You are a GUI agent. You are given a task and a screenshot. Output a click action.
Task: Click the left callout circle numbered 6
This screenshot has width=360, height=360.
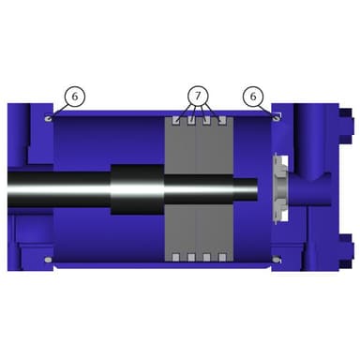[x=75, y=97]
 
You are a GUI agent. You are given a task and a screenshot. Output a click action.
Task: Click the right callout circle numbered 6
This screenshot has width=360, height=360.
[x=253, y=97]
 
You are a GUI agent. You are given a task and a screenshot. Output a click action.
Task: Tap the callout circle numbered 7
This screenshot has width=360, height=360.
[x=198, y=96]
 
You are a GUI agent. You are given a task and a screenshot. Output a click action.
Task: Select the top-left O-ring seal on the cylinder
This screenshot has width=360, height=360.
[x=49, y=118]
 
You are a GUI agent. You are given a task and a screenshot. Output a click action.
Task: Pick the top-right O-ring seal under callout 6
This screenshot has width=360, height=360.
[x=276, y=118]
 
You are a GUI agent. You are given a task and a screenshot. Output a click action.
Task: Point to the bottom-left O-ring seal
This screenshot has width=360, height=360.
[x=49, y=260]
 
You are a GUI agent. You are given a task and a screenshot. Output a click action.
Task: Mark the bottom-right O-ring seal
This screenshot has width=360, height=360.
[x=277, y=260]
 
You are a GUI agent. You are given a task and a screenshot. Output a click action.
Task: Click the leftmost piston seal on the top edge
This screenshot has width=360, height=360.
[x=176, y=121]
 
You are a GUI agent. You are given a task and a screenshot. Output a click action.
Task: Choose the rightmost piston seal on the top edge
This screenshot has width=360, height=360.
[x=222, y=121]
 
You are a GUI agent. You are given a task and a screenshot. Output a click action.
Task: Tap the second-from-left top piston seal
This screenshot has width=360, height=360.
[x=191, y=121]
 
